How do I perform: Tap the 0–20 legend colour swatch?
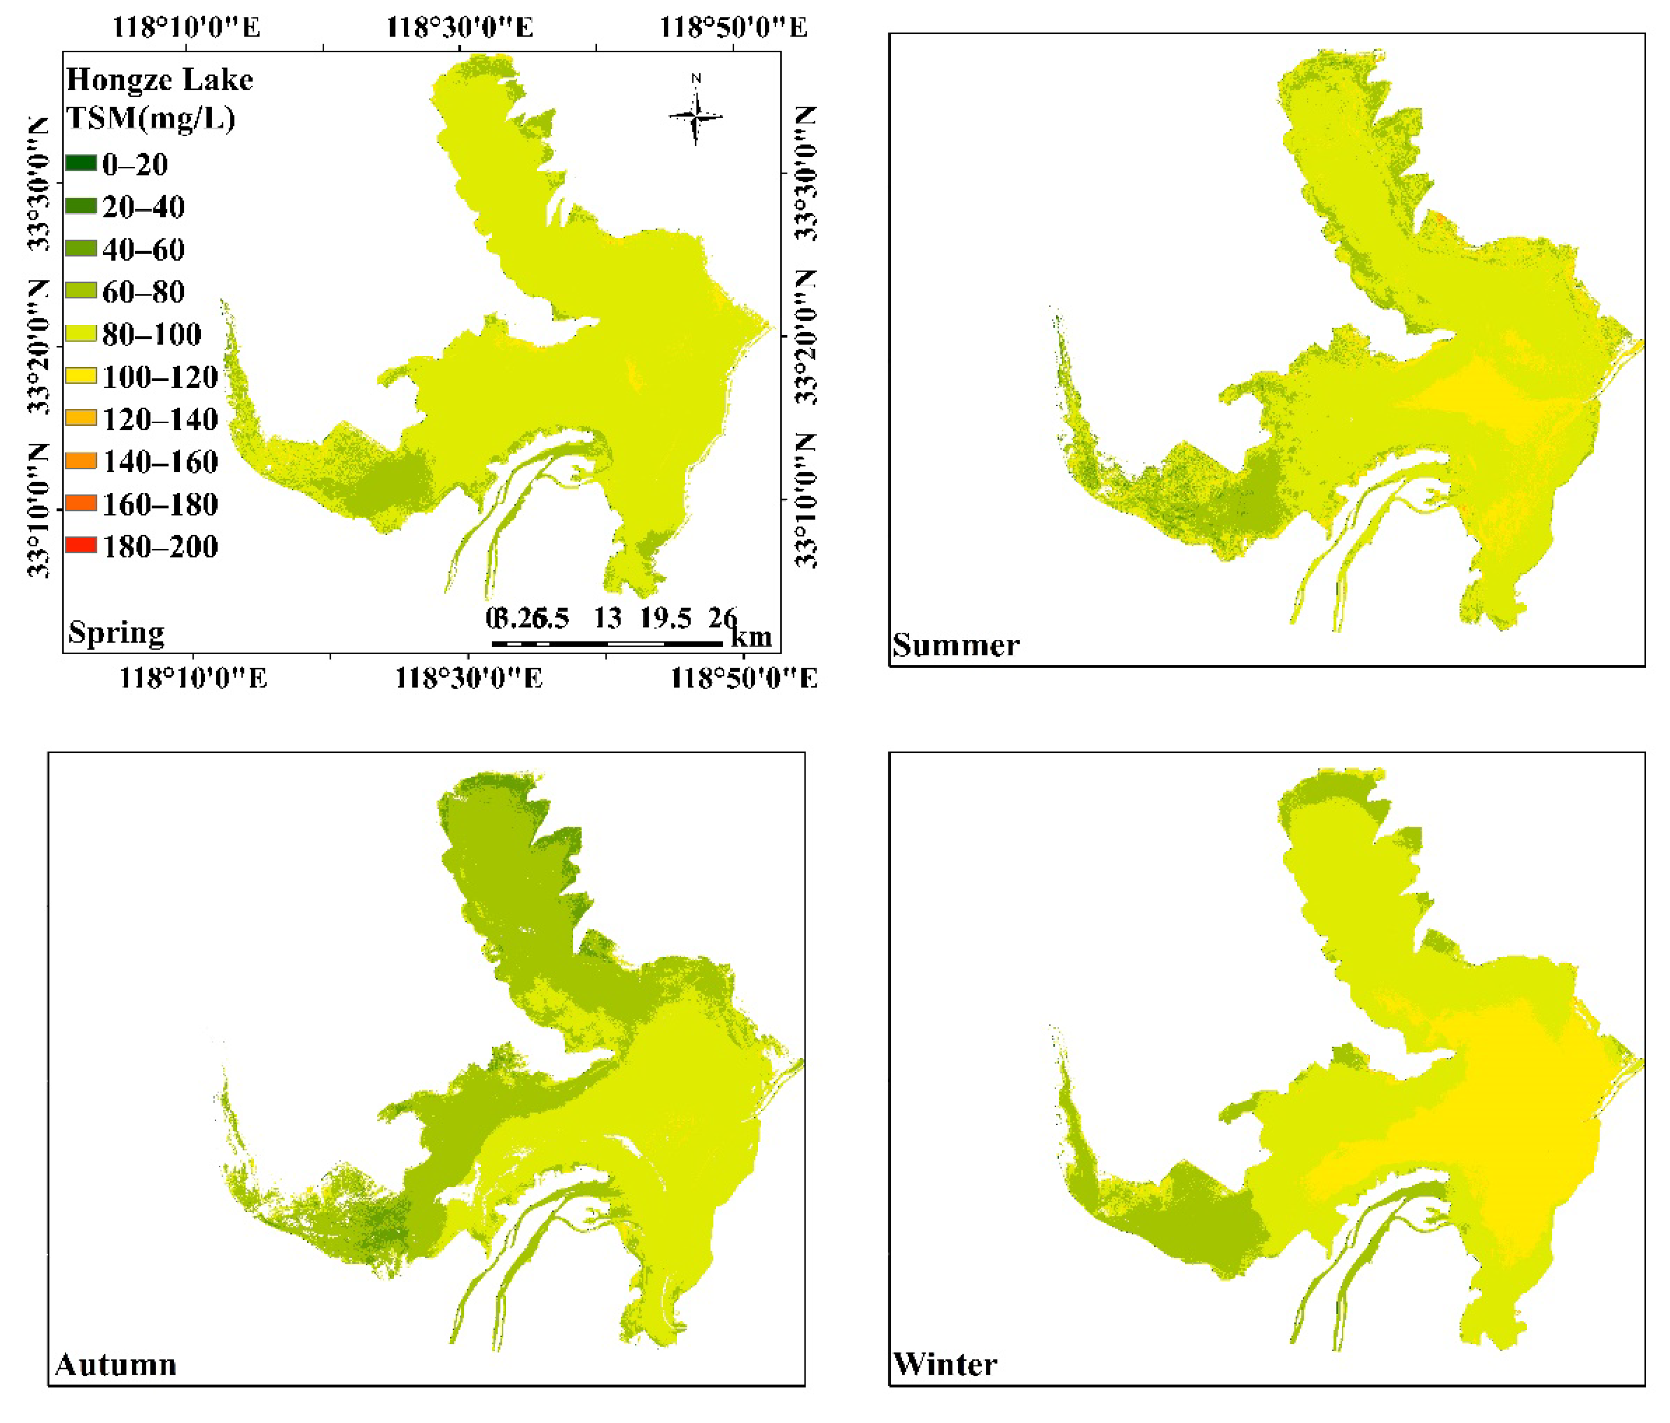click(81, 164)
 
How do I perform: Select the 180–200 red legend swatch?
click(81, 545)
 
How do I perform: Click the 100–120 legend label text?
click(160, 376)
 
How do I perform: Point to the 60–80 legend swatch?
click(81, 291)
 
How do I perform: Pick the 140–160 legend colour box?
click(81, 461)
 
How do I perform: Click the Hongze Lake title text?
click(160, 79)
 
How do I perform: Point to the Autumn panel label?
click(115, 1364)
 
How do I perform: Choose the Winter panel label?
click(945, 1364)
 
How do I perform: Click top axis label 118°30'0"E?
click(459, 27)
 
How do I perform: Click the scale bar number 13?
click(608, 618)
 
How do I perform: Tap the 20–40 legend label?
click(143, 207)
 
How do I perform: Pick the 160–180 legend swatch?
click(81, 504)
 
